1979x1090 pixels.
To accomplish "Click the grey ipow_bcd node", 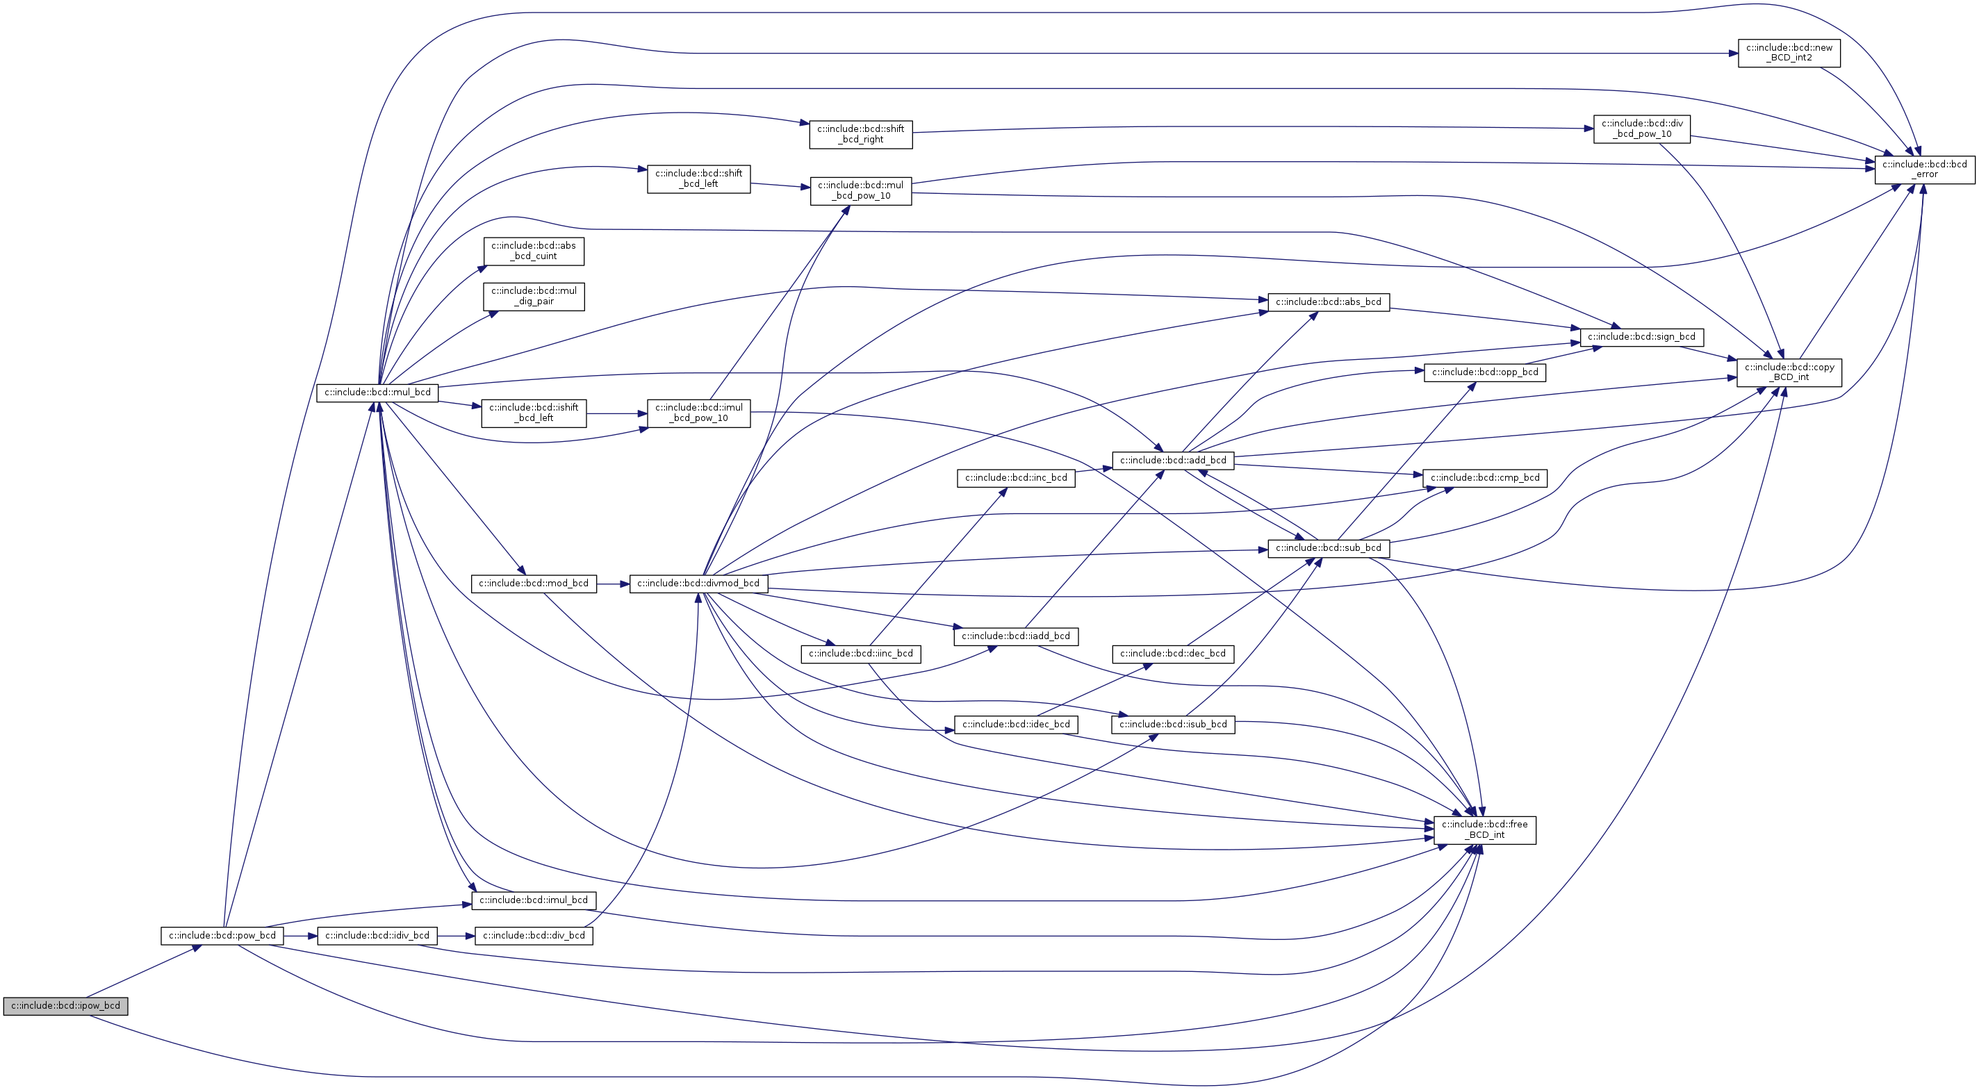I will click(65, 1005).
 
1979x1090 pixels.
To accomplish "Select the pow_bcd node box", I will click(222, 936).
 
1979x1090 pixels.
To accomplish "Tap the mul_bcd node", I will click(377, 393).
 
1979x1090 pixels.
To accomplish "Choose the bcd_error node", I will click(1925, 169).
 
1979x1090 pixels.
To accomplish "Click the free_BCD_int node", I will click(1484, 829).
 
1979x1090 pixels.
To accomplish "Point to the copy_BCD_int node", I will click(1789, 372).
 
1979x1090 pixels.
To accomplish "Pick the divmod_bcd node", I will click(698, 583).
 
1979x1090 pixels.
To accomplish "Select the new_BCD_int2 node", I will click(1789, 52).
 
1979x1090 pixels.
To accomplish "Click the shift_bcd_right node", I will click(860, 133).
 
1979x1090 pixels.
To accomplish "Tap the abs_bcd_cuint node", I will click(533, 250).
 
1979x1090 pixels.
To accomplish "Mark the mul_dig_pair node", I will click(533, 296).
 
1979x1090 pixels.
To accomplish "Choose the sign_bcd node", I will click(1641, 336).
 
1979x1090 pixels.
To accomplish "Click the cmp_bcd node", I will click(1484, 478).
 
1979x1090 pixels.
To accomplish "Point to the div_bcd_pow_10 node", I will click(1642, 129).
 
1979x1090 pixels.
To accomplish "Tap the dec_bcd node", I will click(1172, 654).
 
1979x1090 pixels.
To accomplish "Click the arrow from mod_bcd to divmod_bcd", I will click(612, 584).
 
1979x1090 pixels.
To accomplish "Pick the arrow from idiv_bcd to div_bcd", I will click(457, 936).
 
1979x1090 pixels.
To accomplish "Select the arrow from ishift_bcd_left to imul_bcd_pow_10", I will click(616, 414).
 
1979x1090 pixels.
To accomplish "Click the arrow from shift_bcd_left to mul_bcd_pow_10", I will click(780, 185).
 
